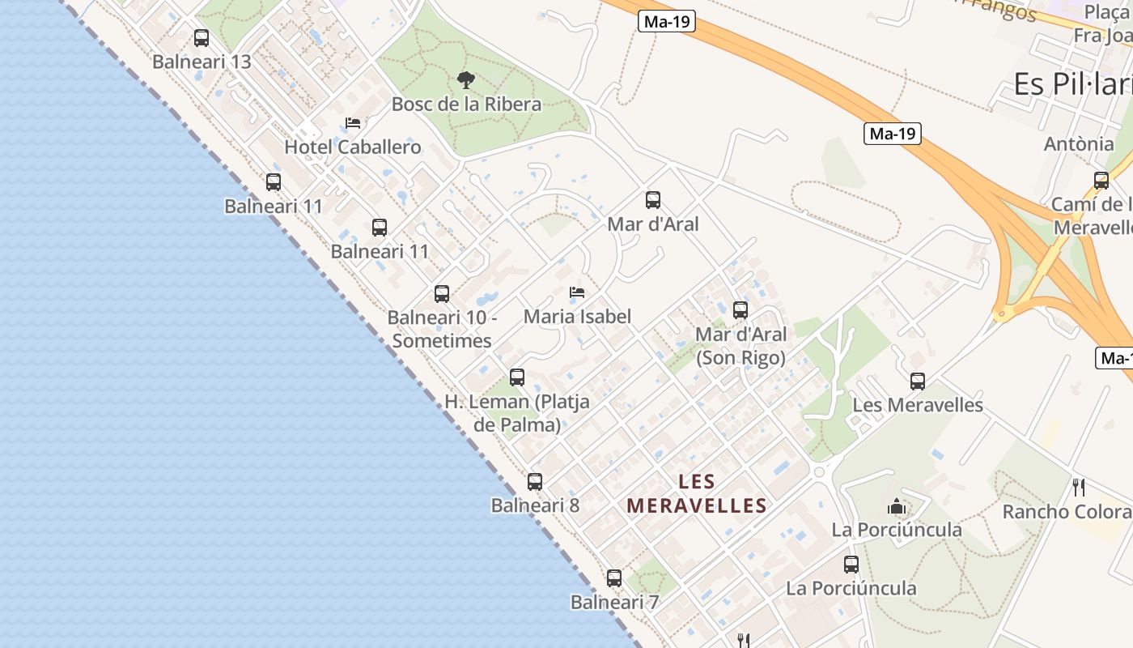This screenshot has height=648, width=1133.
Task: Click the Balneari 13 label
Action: pos(202,62)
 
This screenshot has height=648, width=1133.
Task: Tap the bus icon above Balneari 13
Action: pos(202,37)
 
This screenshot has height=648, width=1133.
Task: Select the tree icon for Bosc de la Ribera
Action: pos(466,79)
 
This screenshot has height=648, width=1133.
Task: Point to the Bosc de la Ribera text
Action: pos(466,104)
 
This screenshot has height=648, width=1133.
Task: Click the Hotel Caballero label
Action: pos(353,147)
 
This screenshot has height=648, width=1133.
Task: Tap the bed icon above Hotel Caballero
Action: pos(353,123)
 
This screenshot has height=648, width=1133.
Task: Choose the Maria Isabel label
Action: pos(577,316)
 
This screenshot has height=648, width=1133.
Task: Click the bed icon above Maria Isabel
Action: pos(577,292)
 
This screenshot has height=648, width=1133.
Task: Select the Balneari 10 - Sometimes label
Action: pos(442,329)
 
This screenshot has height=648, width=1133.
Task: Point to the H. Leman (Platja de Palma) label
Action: pos(517,413)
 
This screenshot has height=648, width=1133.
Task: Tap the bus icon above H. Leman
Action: pos(517,377)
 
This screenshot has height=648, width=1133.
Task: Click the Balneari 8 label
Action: pos(535,505)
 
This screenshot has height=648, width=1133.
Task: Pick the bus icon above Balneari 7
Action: pos(614,578)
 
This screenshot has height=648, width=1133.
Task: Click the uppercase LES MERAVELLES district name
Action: pos(697,494)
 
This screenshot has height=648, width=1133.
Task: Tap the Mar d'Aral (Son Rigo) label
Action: pos(740,346)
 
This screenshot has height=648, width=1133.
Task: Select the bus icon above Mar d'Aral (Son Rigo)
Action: pos(740,309)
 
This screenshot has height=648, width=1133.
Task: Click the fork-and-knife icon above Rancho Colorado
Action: pos(1078,487)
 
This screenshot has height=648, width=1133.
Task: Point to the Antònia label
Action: pos(1079,144)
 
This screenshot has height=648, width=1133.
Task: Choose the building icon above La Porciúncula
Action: pos(897,507)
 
